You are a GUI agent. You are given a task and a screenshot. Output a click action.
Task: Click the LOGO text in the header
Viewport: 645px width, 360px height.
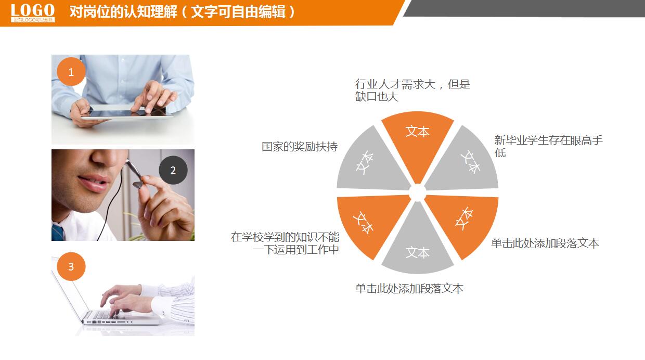click(33, 10)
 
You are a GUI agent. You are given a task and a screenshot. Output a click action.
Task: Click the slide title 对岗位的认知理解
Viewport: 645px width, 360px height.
click(182, 12)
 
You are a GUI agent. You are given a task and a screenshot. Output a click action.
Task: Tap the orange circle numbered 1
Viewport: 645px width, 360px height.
click(71, 72)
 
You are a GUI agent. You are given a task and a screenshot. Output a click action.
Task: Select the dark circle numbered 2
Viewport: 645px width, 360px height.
click(173, 170)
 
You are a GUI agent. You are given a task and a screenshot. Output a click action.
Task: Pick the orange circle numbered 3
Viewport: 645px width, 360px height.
click(71, 266)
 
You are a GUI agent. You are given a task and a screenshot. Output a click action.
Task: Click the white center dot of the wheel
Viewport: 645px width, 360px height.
click(417, 192)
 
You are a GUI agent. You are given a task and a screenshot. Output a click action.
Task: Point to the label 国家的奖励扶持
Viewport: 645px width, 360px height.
click(300, 147)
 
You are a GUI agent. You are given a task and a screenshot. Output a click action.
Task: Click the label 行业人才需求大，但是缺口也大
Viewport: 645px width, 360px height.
click(412, 90)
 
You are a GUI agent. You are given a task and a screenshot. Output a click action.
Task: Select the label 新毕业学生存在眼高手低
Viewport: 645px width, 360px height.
click(548, 146)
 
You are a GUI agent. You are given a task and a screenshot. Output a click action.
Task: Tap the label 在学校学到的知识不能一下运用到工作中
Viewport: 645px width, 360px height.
click(286, 243)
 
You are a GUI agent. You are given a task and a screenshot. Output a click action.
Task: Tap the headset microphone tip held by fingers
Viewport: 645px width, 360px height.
click(137, 184)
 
